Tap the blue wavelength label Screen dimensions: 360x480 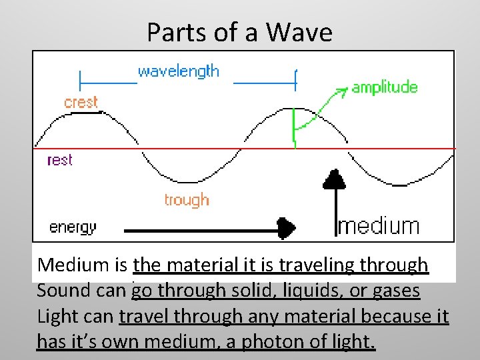pos(178,71)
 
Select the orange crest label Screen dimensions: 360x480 pos(81,103)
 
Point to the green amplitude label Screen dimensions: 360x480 pos(385,87)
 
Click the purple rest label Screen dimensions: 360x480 pos(59,160)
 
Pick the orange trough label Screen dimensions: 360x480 pos(187,200)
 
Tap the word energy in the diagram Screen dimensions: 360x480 pos(73,228)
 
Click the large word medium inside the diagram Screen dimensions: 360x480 pos(379,226)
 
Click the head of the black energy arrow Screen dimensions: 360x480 pos(287,228)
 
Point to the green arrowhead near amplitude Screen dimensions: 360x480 pos(342,90)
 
